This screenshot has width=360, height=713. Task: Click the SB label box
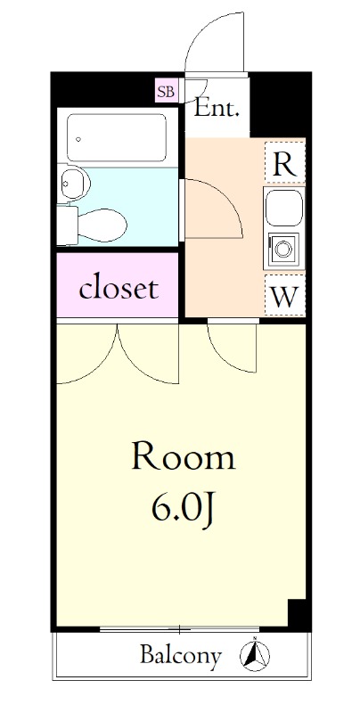(x=166, y=91)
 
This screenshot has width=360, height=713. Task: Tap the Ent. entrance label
(x=217, y=109)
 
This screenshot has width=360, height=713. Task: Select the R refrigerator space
(x=284, y=162)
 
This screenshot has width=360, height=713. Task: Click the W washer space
(x=284, y=296)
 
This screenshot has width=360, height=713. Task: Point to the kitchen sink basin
(x=284, y=208)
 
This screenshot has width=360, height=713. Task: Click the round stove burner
(x=283, y=249)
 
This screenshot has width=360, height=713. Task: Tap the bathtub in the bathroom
(x=117, y=137)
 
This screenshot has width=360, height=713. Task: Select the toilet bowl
(x=102, y=225)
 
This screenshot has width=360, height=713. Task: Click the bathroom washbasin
(x=74, y=184)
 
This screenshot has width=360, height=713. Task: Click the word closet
(x=119, y=288)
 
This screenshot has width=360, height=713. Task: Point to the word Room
(x=184, y=456)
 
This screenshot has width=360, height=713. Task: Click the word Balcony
(x=181, y=655)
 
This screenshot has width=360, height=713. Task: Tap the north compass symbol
(x=255, y=655)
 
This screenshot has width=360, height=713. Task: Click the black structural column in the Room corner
(x=299, y=615)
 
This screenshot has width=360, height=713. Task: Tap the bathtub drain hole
(x=78, y=139)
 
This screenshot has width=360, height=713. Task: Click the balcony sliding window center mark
(x=179, y=630)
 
